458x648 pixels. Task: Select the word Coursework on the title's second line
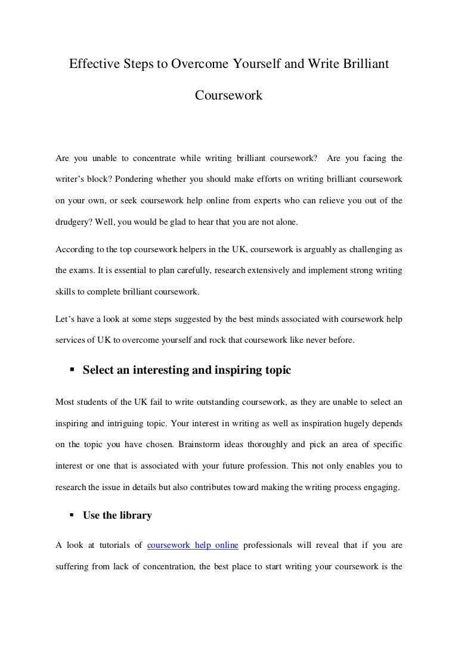229,95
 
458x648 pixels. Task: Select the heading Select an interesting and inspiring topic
187,370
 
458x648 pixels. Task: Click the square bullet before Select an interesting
73,370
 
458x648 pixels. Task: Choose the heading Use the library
117,516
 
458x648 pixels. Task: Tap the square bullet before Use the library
73,516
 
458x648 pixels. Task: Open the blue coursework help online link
193,545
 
